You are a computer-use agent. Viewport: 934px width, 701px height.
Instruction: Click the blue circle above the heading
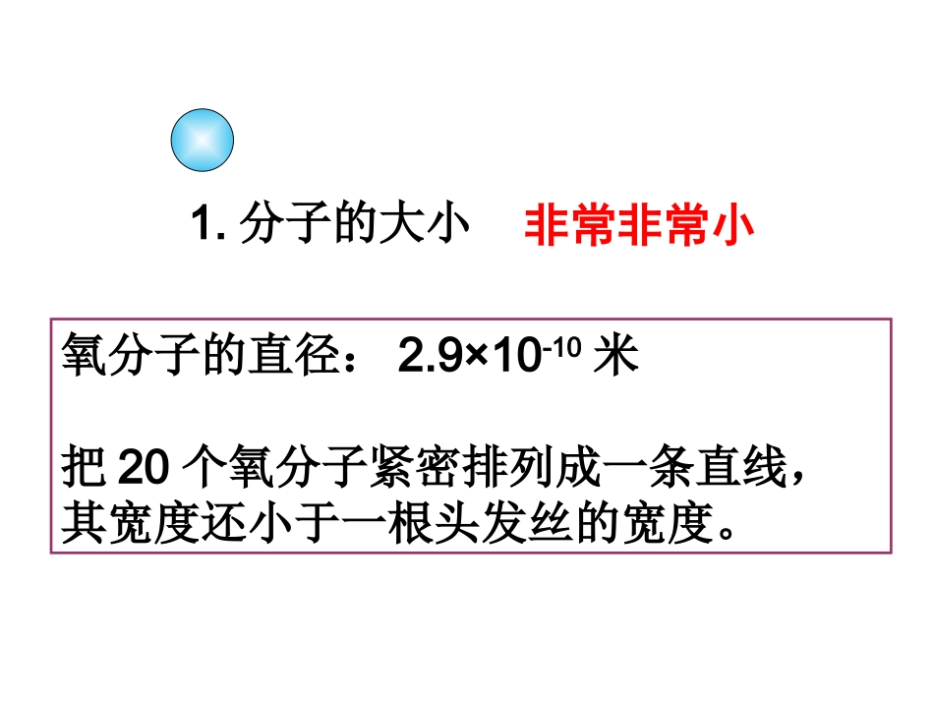pos(202,141)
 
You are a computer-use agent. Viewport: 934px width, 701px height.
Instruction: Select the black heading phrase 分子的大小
pos(352,226)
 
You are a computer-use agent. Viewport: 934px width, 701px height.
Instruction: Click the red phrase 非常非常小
pos(639,226)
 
